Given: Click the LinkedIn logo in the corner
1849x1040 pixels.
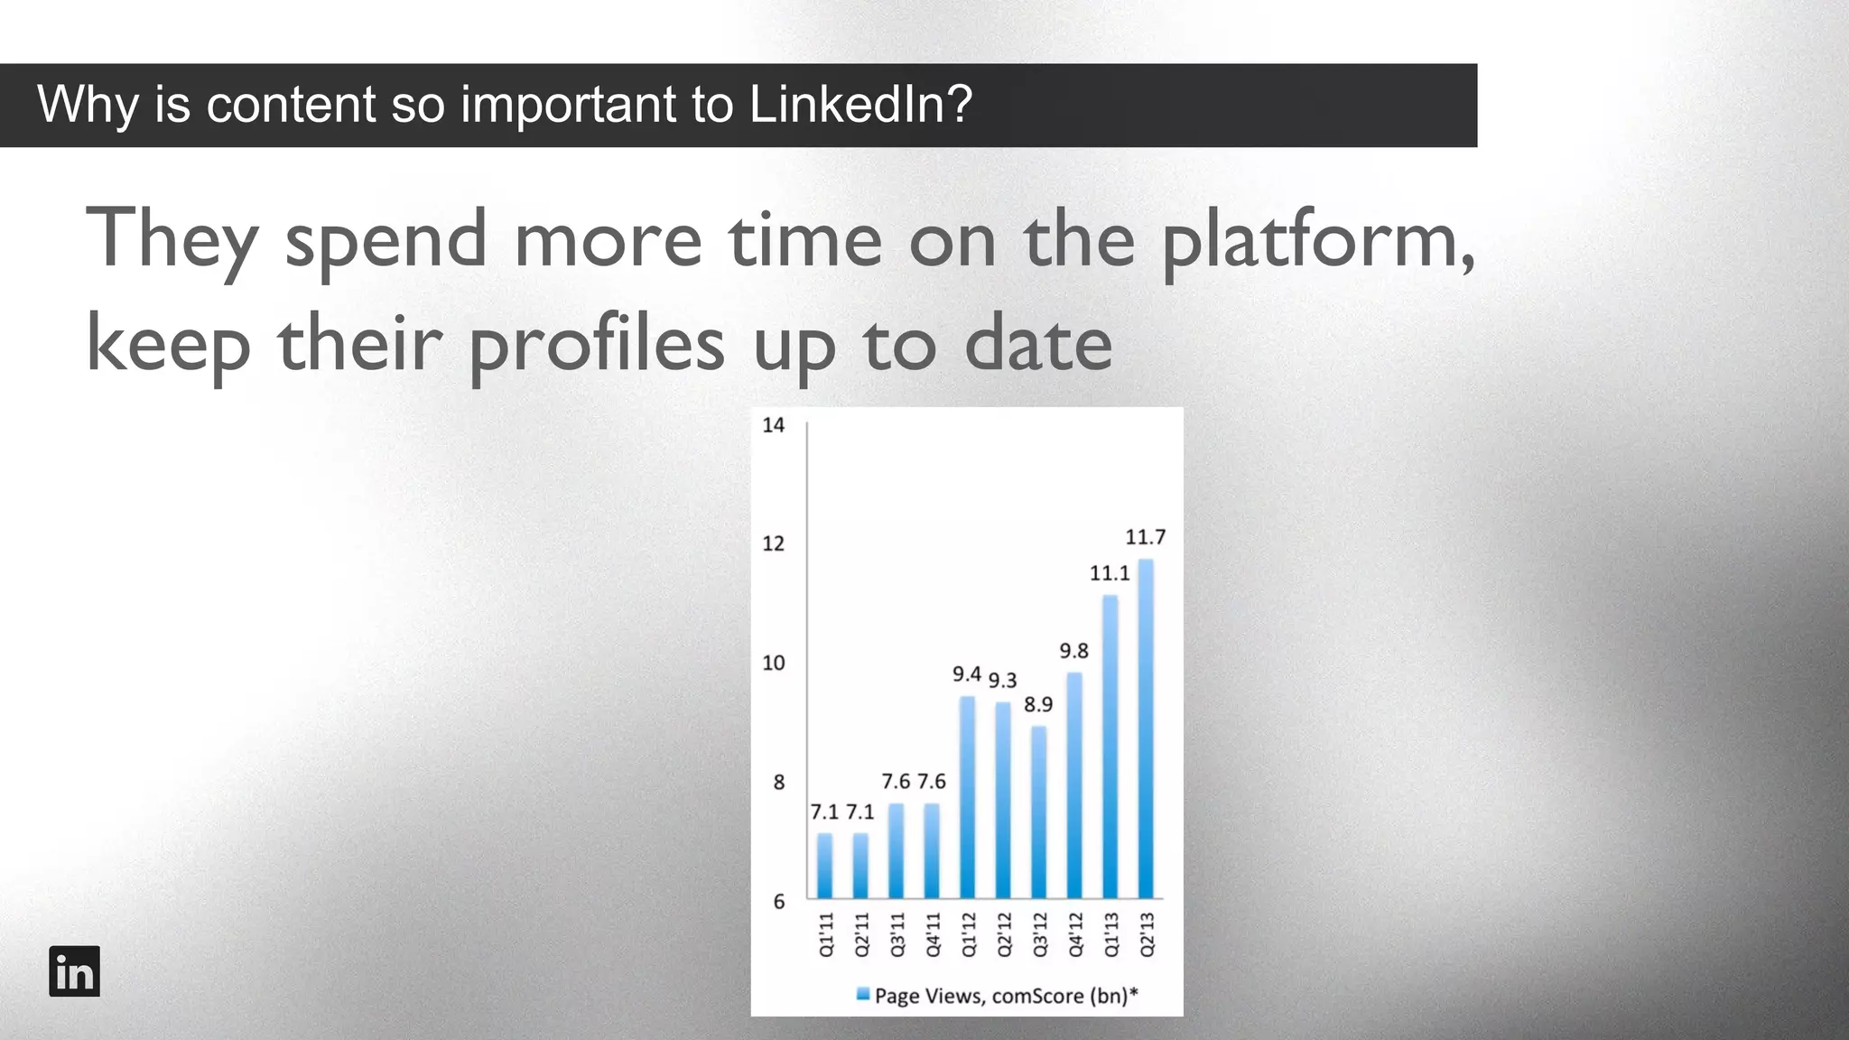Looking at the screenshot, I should point(74,971).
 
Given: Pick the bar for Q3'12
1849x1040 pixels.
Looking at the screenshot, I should point(1038,812).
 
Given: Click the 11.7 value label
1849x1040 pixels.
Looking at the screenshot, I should point(1145,537).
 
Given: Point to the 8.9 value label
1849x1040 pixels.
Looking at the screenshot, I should point(1038,704).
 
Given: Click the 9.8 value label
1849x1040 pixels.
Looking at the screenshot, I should point(1073,651).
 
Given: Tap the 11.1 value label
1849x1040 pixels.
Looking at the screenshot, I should point(1109,573).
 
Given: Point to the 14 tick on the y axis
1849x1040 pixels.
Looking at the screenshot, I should point(774,425).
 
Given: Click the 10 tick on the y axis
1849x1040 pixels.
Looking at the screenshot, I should point(774,664).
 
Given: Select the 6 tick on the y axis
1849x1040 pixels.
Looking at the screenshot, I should point(779,901).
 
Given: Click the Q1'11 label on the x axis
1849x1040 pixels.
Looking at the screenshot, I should point(825,934).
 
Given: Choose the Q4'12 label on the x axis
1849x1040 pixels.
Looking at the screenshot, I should point(1075,934).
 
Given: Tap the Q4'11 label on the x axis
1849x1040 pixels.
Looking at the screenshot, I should point(933,934).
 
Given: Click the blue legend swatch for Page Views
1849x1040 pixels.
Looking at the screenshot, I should point(863,995).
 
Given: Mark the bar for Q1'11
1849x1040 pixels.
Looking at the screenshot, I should point(824,866).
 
